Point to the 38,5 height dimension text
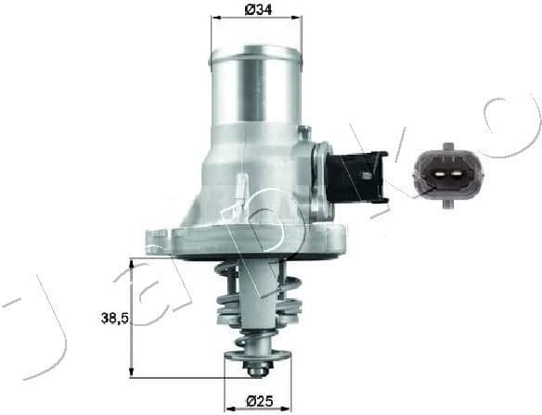pos(114,318)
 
